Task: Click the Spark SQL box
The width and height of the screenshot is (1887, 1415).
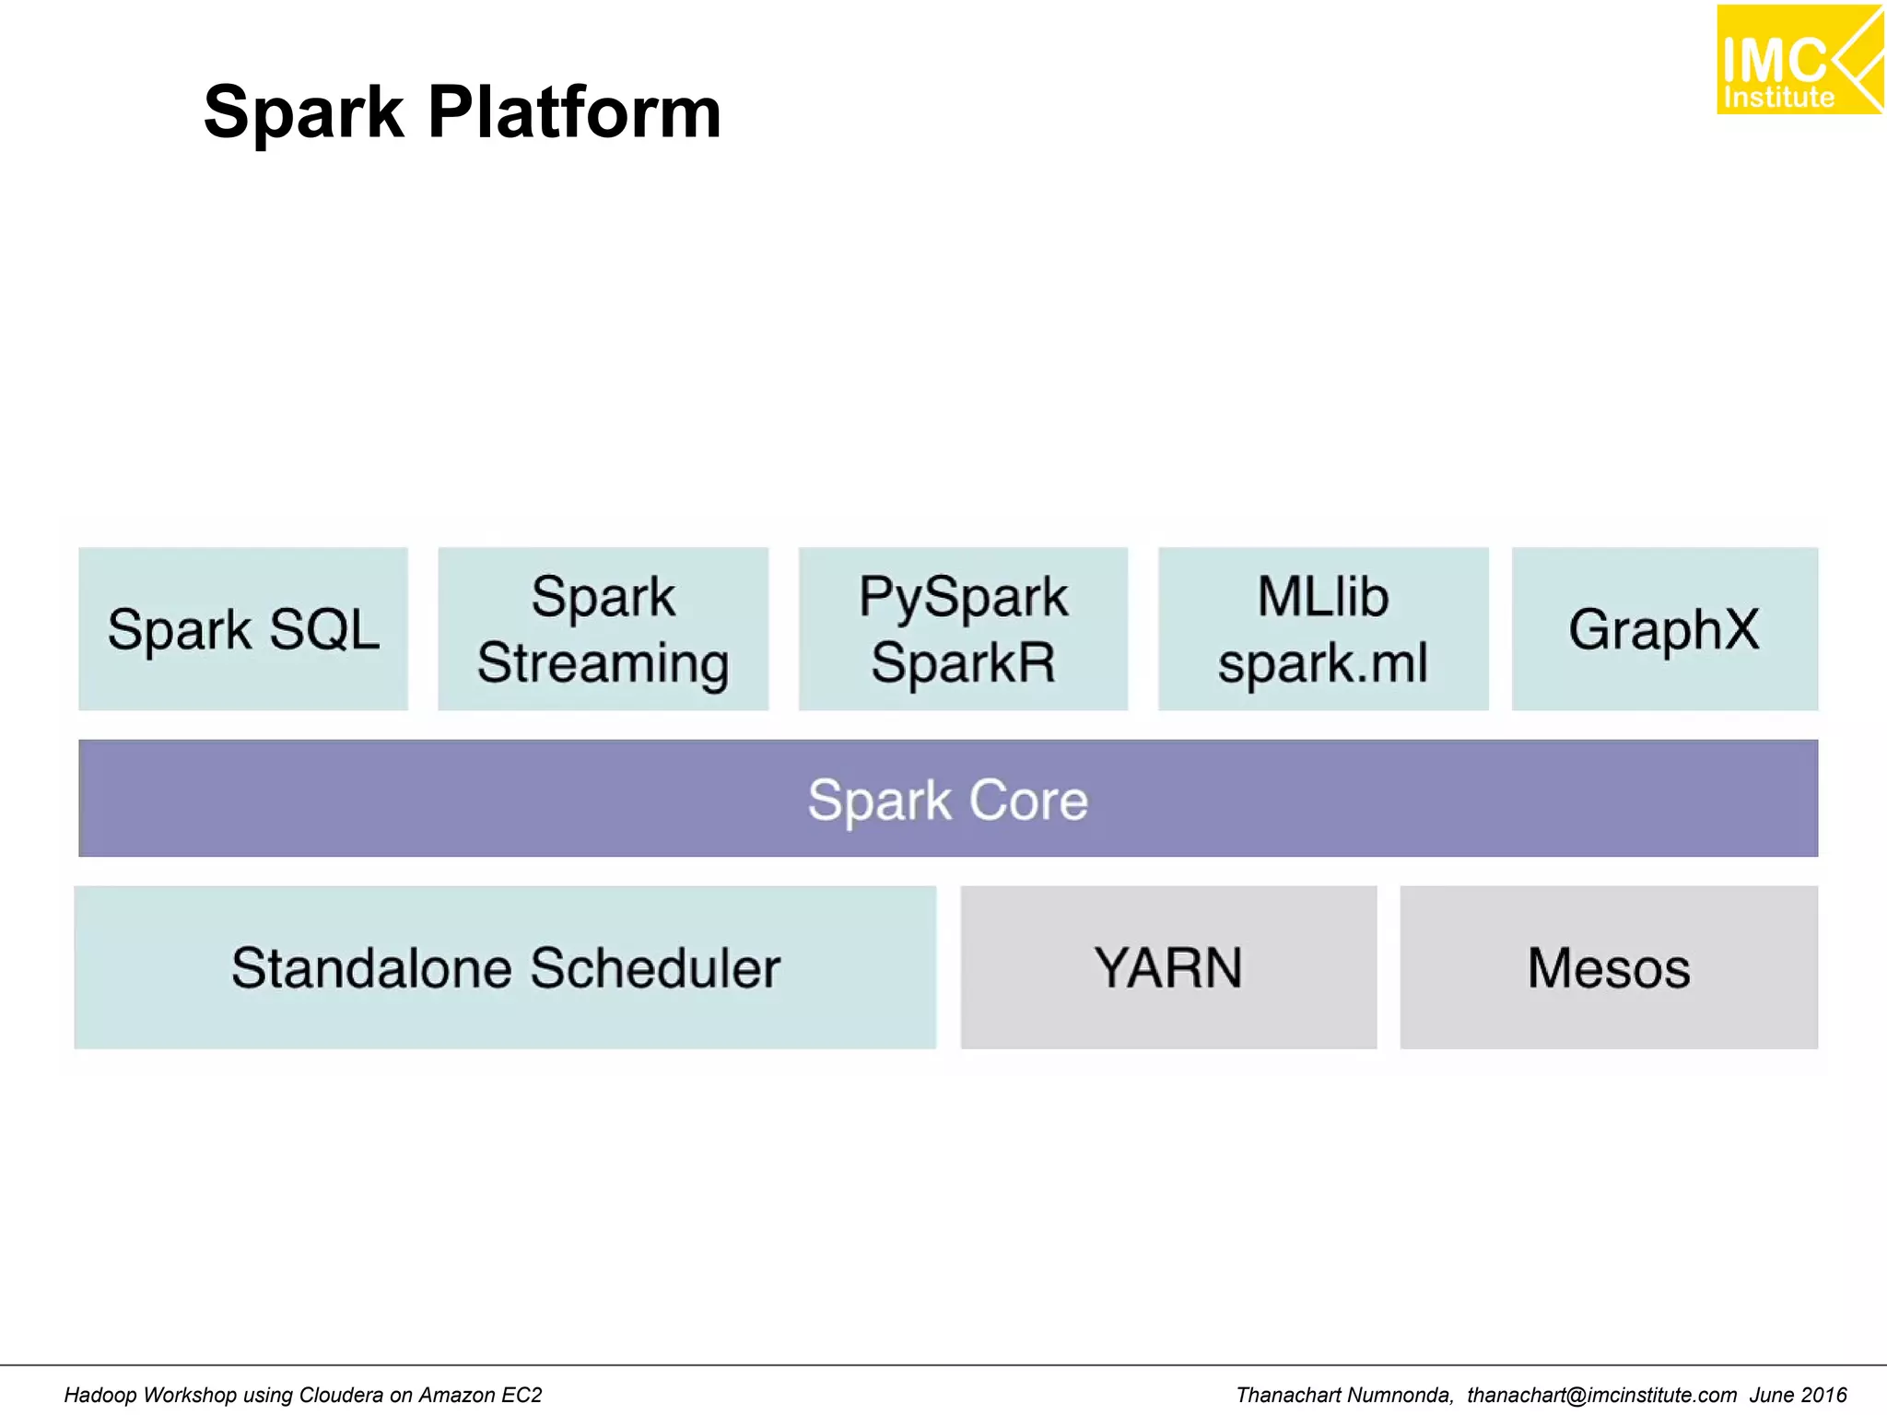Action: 243,629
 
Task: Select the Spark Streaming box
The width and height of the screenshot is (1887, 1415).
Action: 603,629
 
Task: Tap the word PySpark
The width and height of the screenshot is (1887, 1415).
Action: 963,597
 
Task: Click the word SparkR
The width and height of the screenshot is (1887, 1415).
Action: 963,662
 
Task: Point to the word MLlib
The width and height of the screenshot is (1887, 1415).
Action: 1323,597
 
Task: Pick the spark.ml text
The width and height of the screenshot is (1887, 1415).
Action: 1323,662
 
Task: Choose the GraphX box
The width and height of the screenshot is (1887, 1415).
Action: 1664,629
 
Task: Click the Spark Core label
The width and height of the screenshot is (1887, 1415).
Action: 948,799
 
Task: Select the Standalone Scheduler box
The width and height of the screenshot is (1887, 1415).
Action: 505,967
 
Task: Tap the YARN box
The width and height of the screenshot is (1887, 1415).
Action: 1168,967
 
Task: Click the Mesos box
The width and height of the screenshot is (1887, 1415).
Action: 1609,967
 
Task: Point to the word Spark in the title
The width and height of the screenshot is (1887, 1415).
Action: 303,112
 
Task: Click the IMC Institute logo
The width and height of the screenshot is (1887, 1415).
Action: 1799,60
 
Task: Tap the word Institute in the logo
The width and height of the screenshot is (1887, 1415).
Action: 1778,98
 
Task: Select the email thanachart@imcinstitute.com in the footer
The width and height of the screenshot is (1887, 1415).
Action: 1601,1395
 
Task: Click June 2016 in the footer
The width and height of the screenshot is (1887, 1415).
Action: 1798,1395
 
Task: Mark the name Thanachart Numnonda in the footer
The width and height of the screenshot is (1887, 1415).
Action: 1343,1395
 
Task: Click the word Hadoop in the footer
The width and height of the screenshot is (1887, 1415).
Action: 100,1395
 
